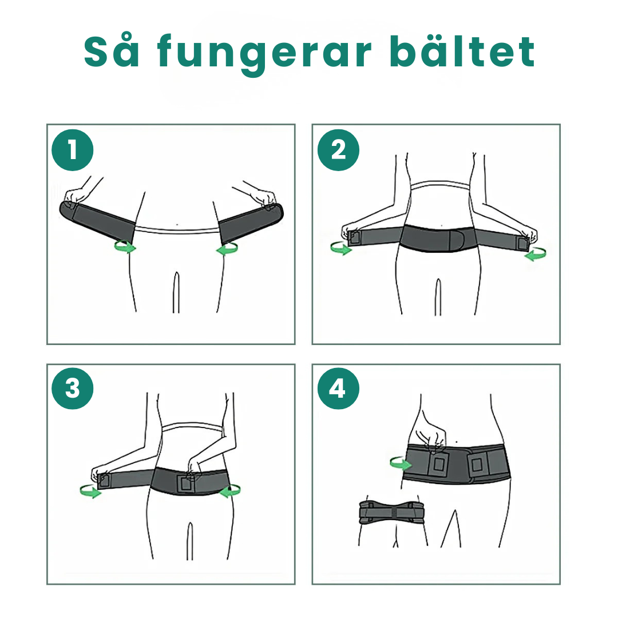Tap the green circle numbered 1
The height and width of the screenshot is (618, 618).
point(72,150)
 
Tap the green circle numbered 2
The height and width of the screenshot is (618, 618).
point(338,150)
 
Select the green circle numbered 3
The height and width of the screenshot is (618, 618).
point(72,389)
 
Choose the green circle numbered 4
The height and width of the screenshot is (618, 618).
point(338,389)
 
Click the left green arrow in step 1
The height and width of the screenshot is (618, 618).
point(125,247)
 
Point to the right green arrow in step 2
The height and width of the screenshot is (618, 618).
point(536,255)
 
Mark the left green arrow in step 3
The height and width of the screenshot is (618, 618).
point(90,490)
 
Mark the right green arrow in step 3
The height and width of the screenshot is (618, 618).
point(230,490)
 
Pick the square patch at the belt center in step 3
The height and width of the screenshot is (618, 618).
point(186,484)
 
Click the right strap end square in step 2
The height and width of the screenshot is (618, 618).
point(522,243)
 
